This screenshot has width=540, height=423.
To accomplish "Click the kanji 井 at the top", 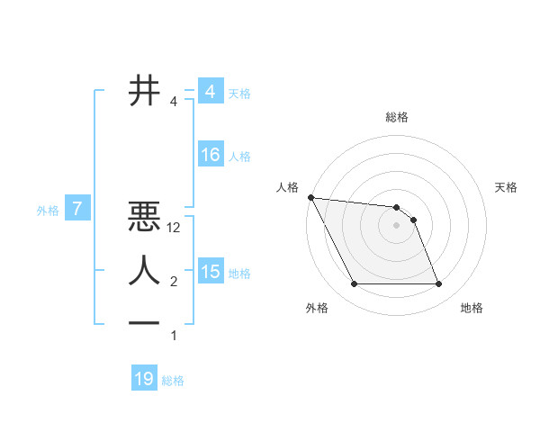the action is (145, 90).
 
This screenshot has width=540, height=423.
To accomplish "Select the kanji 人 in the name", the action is (145, 270).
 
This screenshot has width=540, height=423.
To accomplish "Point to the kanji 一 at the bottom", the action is (145, 322).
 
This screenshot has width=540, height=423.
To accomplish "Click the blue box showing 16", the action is (211, 155).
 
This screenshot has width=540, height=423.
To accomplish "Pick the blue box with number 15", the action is (211, 272).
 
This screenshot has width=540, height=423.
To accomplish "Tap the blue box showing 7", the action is (78, 210).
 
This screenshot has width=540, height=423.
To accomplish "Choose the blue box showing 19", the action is (144, 379).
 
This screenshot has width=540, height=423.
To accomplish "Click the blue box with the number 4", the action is (210, 92).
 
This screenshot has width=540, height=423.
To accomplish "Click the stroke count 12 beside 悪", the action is (175, 229).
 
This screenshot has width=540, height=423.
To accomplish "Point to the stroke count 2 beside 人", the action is (174, 282).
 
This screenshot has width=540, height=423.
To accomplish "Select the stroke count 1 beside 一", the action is (174, 336).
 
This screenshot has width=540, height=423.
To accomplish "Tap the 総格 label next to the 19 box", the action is (173, 381).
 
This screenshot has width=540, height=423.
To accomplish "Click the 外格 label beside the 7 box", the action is (48, 211).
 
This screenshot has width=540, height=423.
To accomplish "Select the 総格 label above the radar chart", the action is (397, 117).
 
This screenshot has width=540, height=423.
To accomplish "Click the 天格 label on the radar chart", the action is (507, 187).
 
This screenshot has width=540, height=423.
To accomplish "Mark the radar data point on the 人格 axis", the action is (310, 197).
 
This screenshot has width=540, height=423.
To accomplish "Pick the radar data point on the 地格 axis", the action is (438, 284).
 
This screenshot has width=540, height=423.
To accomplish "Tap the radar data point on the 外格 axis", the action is (354, 284).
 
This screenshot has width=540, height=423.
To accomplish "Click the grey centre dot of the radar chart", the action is (397, 225).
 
